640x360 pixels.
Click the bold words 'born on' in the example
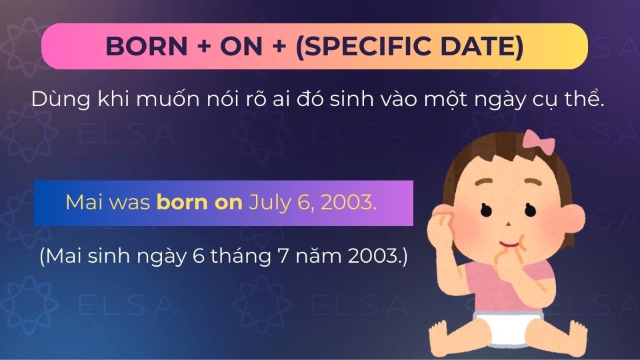pyautogui.click(x=199, y=203)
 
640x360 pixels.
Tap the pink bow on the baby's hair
pyautogui.click(x=534, y=139)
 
